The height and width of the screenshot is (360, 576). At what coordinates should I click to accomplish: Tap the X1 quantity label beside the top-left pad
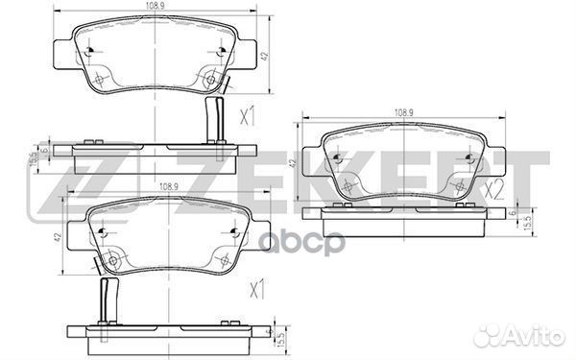pyautogui.click(x=247, y=117)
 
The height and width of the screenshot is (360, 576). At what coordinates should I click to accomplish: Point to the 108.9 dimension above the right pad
pyautogui.click(x=403, y=112)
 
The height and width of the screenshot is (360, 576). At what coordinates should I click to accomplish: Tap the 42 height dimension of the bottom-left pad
pyautogui.click(x=59, y=237)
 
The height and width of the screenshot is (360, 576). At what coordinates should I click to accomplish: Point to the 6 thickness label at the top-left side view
pyautogui.click(x=43, y=150)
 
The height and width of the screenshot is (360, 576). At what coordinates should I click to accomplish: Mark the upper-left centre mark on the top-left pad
pyautogui.click(x=88, y=51)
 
